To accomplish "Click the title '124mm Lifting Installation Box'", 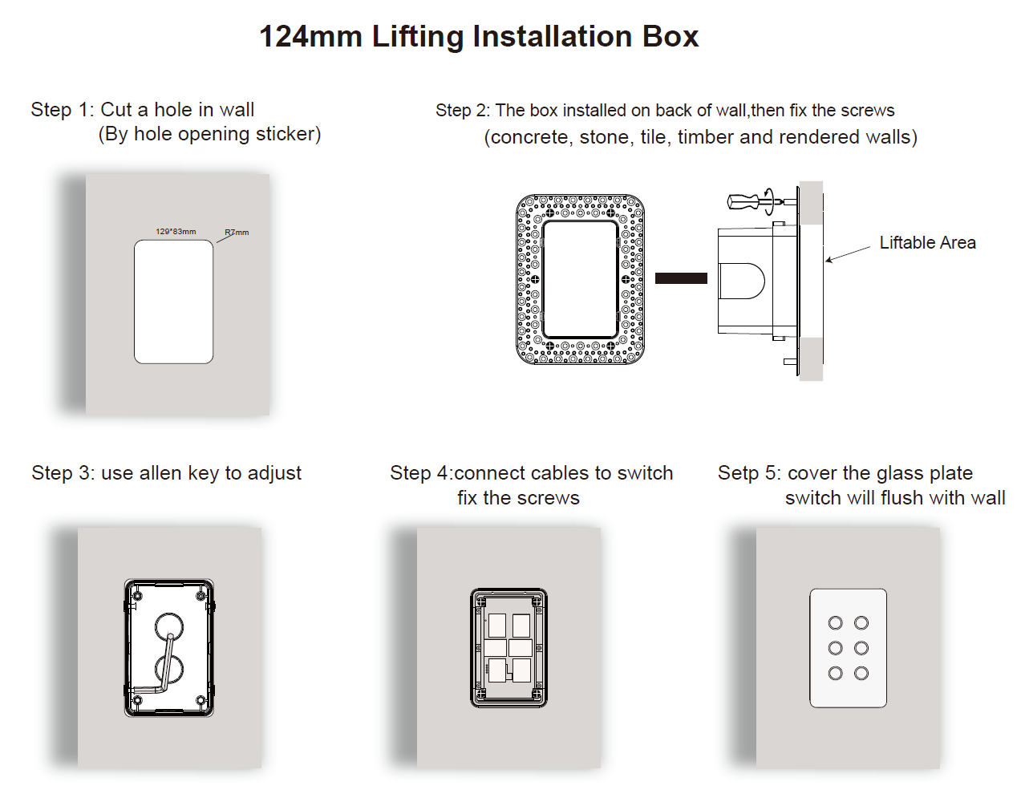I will pyautogui.click(x=479, y=37).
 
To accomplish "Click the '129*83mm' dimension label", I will pyautogui.click(x=176, y=232).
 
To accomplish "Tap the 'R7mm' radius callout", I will pyautogui.click(x=237, y=233).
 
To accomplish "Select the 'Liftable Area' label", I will pyautogui.click(x=927, y=243).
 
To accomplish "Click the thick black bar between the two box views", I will pyautogui.click(x=681, y=278).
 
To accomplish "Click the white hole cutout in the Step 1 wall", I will pyautogui.click(x=173, y=302).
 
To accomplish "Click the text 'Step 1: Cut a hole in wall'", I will pyautogui.click(x=142, y=110).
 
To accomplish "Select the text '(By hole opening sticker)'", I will pyautogui.click(x=209, y=134).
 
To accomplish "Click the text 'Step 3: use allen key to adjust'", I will pyautogui.click(x=166, y=473).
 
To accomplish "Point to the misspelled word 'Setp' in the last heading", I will pyautogui.click(x=737, y=473).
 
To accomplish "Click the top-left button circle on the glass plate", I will pyautogui.click(x=835, y=623).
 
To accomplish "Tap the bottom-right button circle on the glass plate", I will pyautogui.click(x=861, y=674).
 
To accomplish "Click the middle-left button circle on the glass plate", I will pyautogui.click(x=835, y=648).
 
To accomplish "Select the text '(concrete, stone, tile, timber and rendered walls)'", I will pyautogui.click(x=700, y=137).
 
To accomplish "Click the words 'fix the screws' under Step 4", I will pyautogui.click(x=518, y=498).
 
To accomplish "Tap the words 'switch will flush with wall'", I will pyautogui.click(x=894, y=498).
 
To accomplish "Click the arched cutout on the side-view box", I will pyautogui.click(x=742, y=281).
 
